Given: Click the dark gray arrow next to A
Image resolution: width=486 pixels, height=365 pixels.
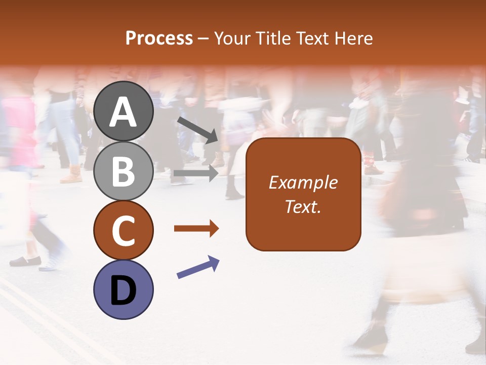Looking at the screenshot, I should click(x=197, y=129).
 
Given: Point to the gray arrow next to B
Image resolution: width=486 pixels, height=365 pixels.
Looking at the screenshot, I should click(x=196, y=173).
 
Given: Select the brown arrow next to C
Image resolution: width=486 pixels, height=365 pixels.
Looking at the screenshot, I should click(x=196, y=229).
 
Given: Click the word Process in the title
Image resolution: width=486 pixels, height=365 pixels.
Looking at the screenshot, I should click(x=159, y=38).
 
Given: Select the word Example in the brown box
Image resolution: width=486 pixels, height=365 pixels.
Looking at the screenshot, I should click(x=303, y=182).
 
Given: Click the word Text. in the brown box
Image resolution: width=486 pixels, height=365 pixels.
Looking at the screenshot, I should click(x=303, y=207).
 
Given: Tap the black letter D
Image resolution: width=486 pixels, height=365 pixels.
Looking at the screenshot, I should click(x=124, y=290).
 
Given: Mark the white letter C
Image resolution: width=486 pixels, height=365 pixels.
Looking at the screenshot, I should click(x=124, y=231).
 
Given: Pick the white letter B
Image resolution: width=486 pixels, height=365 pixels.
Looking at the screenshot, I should click(x=124, y=172).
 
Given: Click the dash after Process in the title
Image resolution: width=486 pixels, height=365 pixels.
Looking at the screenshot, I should click(x=204, y=39).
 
